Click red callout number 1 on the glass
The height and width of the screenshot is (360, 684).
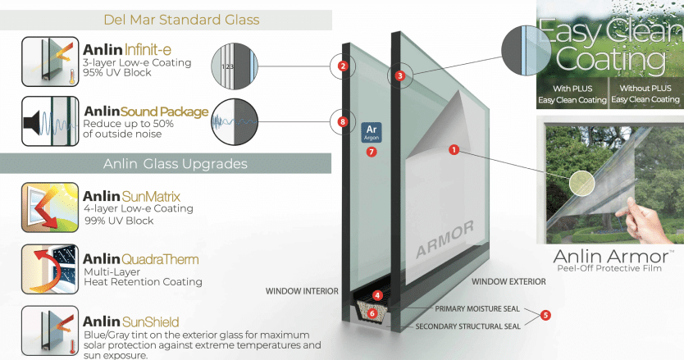453,149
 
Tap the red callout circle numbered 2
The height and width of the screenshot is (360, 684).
343,66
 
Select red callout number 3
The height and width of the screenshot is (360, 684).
399,75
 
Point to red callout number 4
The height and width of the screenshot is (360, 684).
377,294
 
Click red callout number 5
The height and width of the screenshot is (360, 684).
546,314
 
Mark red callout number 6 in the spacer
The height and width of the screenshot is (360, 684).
372,312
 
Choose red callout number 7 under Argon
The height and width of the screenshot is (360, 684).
371,151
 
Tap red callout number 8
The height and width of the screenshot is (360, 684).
343,122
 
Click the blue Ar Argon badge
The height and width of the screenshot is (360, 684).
371,131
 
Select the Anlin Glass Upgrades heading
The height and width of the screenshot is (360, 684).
176,163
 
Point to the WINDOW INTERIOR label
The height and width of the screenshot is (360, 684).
303,290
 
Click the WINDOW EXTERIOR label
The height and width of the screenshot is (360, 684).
508,281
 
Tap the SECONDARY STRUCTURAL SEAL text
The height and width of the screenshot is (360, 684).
467,326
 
